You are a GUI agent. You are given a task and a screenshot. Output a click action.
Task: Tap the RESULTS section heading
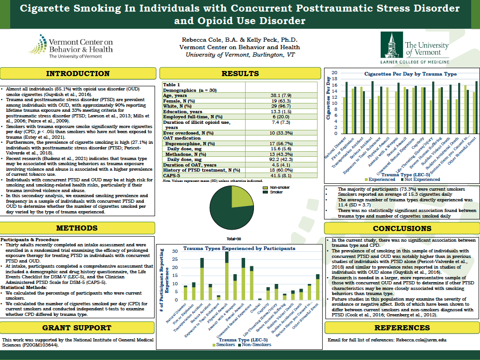[x=240, y=73]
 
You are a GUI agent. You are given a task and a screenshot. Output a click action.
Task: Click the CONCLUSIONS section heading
[x=402, y=228]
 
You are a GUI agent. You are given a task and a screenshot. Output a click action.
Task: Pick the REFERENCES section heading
[x=402, y=328]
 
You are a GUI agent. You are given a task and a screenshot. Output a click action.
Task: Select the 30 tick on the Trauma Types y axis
[x=175, y=251]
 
